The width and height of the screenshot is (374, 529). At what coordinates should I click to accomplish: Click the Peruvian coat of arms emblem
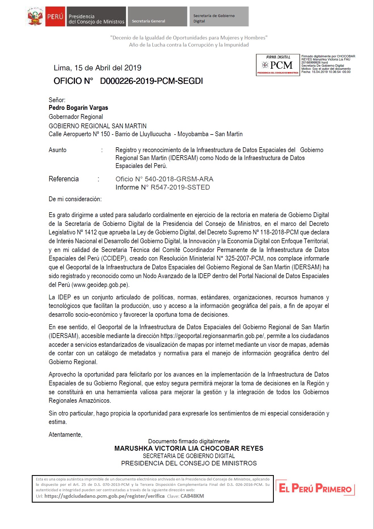click(x=35, y=17)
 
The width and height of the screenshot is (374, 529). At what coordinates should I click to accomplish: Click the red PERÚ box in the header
click(x=55, y=17)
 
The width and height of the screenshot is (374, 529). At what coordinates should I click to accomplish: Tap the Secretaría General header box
click(x=157, y=17)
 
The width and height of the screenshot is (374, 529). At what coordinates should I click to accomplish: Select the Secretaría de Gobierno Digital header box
click(x=219, y=17)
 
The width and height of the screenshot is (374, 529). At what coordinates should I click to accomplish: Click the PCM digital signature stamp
click(x=278, y=65)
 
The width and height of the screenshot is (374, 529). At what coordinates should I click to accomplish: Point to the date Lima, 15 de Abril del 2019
click(x=97, y=68)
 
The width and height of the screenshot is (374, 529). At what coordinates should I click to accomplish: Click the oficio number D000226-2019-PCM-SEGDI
click(x=151, y=81)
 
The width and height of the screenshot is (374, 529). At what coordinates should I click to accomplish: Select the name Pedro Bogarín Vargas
click(x=78, y=108)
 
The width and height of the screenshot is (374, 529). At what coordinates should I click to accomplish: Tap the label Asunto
click(x=58, y=150)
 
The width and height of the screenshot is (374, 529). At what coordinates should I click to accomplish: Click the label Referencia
click(x=64, y=179)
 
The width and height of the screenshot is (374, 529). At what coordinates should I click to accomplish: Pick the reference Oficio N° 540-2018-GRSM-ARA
click(x=164, y=179)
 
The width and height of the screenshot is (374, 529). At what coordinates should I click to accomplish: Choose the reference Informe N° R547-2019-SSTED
click(x=163, y=187)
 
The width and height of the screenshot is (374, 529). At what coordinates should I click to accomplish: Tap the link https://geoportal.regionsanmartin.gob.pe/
click(x=212, y=336)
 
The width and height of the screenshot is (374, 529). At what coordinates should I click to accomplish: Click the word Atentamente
click(x=66, y=435)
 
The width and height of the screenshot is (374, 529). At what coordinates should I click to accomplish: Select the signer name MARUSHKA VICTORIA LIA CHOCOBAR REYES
click(x=189, y=448)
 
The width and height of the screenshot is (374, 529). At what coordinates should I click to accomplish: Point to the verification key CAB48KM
click(x=192, y=496)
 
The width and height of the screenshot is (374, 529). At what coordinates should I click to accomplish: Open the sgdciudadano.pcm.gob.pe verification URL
click(x=104, y=496)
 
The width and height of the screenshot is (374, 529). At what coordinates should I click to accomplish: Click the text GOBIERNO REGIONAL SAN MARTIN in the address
click(x=98, y=126)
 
